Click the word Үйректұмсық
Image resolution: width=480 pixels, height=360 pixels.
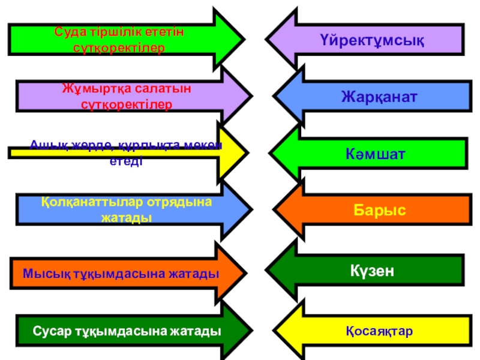click(x=372, y=41)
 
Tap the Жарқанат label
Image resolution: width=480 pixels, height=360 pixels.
click(x=379, y=97)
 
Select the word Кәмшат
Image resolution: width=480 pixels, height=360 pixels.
click(x=376, y=154)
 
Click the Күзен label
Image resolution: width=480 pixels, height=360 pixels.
click(x=372, y=271)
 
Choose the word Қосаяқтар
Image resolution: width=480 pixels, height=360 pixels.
click(x=379, y=331)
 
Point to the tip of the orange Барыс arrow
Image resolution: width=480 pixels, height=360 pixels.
click(x=274, y=211)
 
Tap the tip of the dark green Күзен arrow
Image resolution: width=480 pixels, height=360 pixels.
click(x=266, y=270)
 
